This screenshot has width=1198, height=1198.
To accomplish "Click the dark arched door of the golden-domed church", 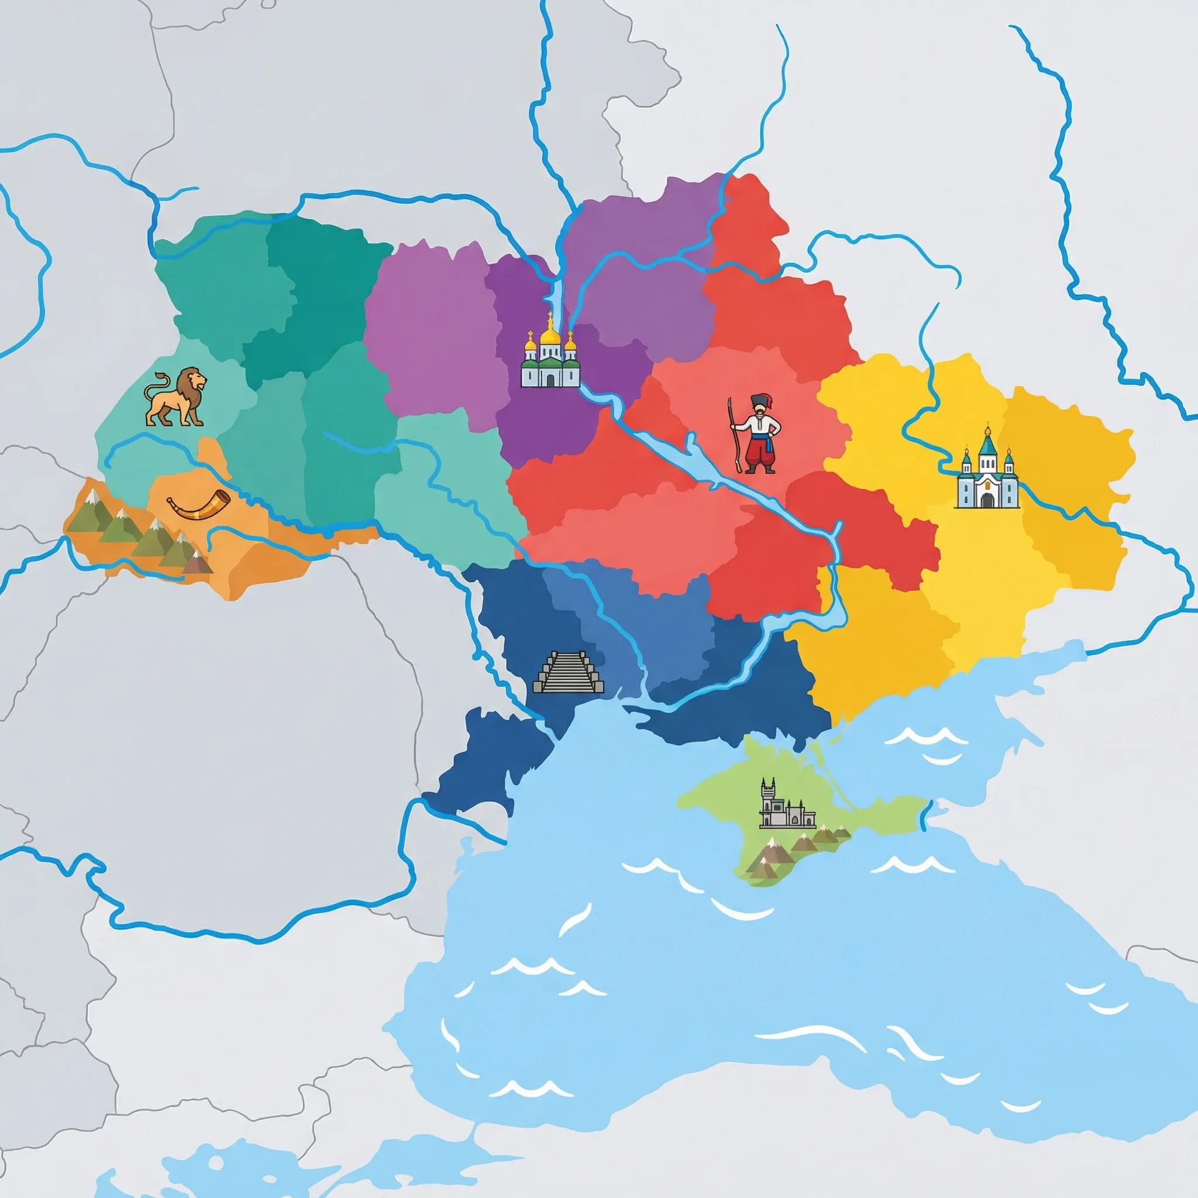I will point(550,379).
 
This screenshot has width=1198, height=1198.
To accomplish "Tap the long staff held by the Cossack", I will point(735,434).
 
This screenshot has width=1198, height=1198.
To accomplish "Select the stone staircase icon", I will point(568,673).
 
